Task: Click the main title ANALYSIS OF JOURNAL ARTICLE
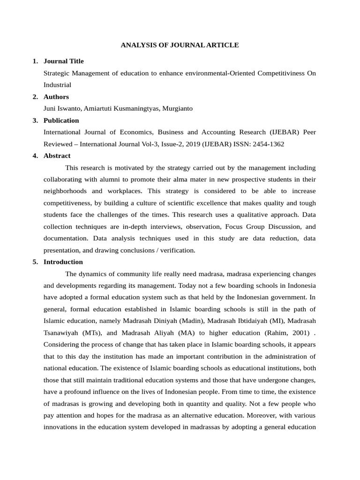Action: (180, 45)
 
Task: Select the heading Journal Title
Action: (63, 61)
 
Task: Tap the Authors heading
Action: (56, 97)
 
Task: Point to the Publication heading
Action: (61, 120)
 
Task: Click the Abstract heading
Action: (57, 156)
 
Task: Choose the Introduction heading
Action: (63, 262)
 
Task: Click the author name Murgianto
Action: (178, 108)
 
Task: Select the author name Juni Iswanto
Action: (62, 108)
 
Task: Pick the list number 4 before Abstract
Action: (35, 156)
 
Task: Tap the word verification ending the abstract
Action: (178, 250)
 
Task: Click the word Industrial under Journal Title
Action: (57, 85)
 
